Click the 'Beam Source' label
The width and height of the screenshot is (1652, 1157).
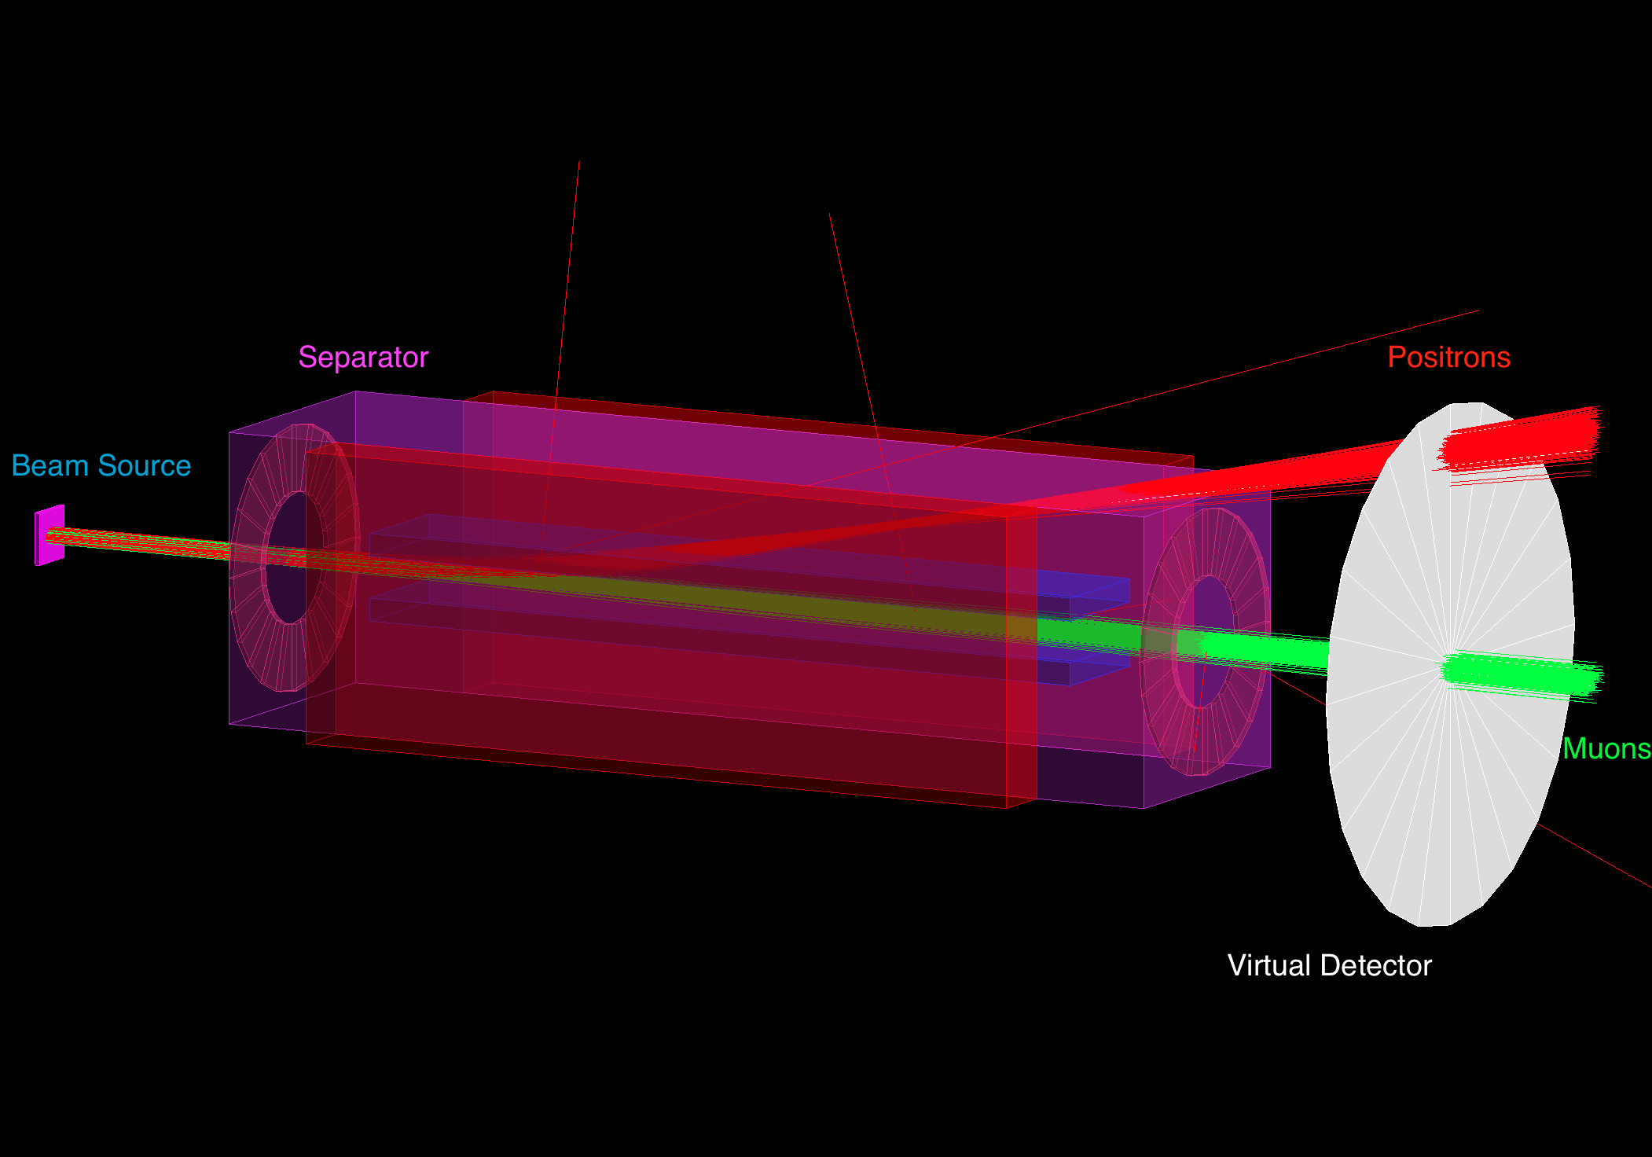click(x=101, y=466)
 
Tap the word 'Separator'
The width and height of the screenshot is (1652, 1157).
click(x=363, y=358)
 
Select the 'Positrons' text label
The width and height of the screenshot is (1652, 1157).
click(x=1448, y=358)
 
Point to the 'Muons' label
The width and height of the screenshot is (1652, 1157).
click(x=1606, y=748)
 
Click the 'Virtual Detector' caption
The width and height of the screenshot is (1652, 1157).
click(x=1330, y=965)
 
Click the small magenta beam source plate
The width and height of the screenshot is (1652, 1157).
click(x=50, y=534)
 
